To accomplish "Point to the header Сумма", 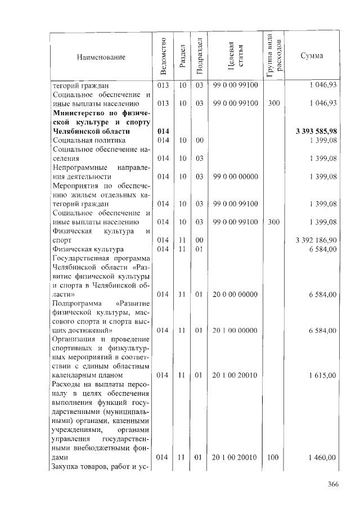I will [x=312, y=56].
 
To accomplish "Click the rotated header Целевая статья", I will [x=235, y=56].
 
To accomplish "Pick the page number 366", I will [x=334, y=485].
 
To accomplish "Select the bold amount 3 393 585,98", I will [x=316, y=131].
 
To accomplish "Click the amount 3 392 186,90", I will [x=316, y=240].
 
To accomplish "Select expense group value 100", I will [x=273, y=458].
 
